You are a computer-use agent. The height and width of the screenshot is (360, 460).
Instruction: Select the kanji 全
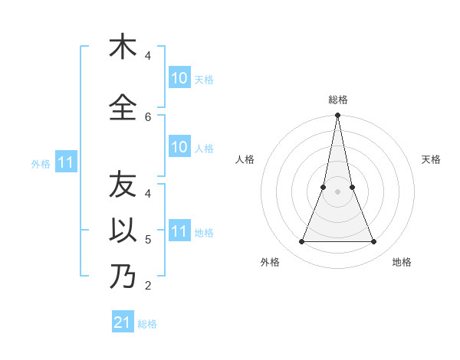(123, 106)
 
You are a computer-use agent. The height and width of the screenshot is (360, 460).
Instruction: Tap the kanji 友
(123, 185)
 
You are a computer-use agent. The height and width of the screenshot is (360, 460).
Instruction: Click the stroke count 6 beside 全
(148, 116)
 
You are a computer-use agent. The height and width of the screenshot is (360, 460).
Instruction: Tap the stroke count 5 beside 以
(148, 240)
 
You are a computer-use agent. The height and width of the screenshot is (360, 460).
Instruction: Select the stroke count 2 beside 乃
(148, 286)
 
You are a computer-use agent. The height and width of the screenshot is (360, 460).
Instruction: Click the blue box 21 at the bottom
(123, 322)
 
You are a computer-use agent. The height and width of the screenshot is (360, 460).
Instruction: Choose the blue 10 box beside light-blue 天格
(179, 78)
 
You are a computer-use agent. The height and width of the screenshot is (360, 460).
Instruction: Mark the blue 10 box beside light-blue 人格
(179, 147)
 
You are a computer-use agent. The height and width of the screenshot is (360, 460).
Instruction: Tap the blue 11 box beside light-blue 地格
(179, 231)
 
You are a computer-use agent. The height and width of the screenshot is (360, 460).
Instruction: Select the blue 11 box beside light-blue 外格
(66, 162)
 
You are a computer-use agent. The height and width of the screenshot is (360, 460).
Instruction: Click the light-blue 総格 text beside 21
(147, 324)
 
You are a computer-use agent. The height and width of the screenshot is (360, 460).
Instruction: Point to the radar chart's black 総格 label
(338, 100)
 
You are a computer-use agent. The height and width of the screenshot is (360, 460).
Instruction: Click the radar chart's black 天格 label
(432, 159)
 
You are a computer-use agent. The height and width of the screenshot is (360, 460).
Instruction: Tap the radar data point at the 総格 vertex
(338, 116)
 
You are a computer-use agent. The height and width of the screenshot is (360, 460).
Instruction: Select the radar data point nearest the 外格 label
(301, 242)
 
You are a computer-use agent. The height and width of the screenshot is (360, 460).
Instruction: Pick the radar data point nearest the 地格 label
(374, 242)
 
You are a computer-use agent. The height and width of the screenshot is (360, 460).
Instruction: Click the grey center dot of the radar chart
(338, 191)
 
